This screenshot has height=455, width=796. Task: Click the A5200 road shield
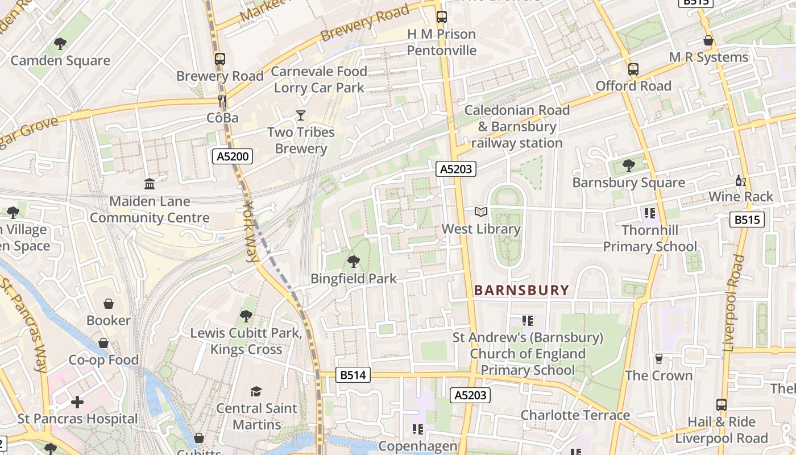233,156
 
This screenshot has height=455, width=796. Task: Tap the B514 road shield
353,375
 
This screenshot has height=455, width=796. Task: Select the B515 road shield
747,220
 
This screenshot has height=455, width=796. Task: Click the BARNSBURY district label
521,290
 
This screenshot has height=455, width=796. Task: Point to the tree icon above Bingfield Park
353,262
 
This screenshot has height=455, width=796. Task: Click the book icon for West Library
481,212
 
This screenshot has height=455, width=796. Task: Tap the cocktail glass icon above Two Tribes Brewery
301,116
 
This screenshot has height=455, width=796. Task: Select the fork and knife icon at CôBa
222,101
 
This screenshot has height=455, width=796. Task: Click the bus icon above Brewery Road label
220,59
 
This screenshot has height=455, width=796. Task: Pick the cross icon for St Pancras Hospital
77,402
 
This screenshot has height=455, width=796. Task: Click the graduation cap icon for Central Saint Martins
256,391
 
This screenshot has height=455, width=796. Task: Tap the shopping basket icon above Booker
108,304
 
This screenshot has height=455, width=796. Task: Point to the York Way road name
251,230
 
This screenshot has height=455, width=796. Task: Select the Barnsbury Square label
628,183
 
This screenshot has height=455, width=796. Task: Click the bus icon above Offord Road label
633,69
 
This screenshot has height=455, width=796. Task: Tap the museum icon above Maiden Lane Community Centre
150,184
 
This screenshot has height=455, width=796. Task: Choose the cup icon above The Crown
659,358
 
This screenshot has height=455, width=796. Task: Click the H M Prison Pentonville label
442,42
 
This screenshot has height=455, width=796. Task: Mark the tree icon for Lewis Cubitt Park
246,316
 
